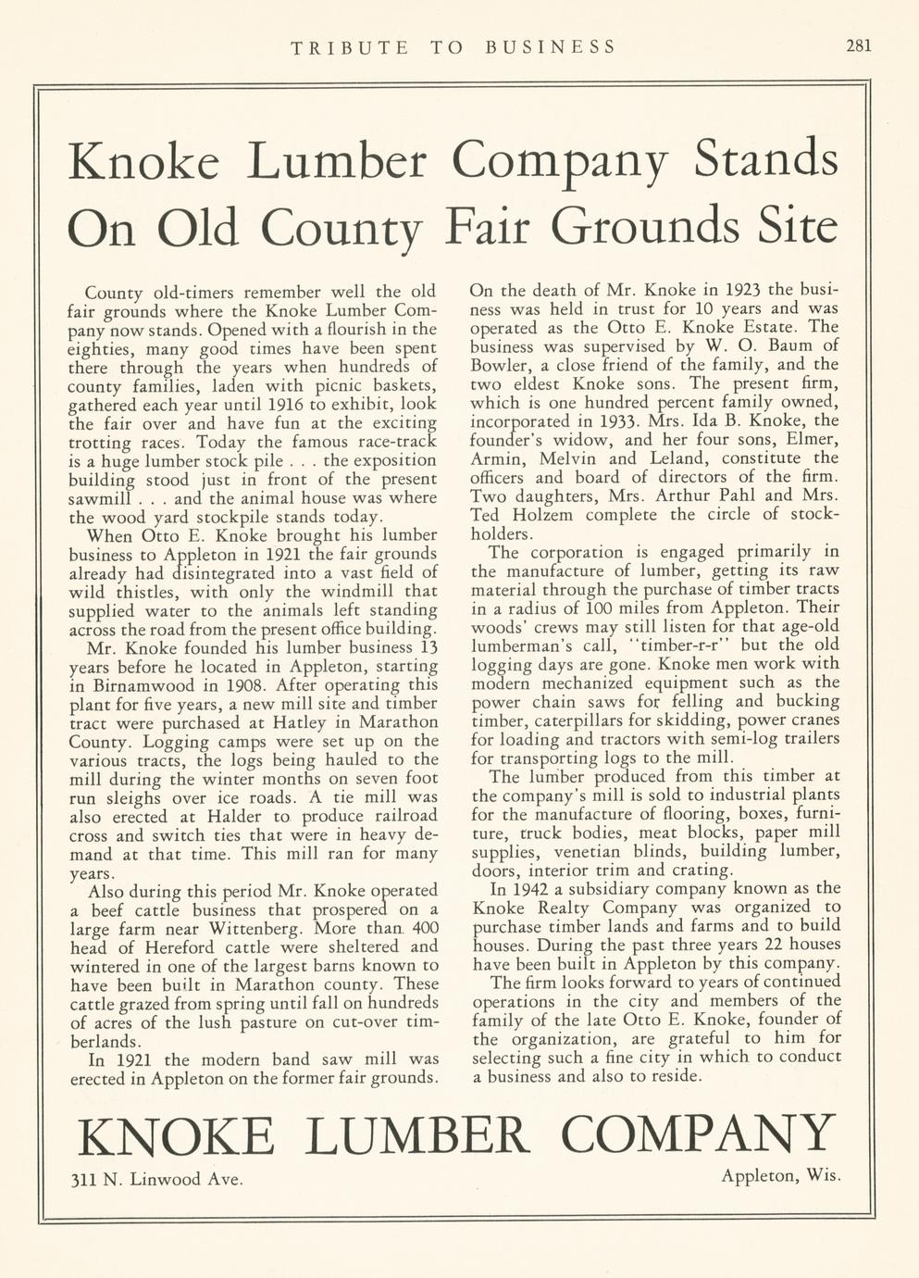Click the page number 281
point(859,45)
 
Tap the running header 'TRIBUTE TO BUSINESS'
point(453,46)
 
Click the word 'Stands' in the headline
point(766,159)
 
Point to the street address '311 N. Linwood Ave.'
point(157,1179)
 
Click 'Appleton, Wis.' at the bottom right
point(780,1176)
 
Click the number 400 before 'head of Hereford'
point(419,928)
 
